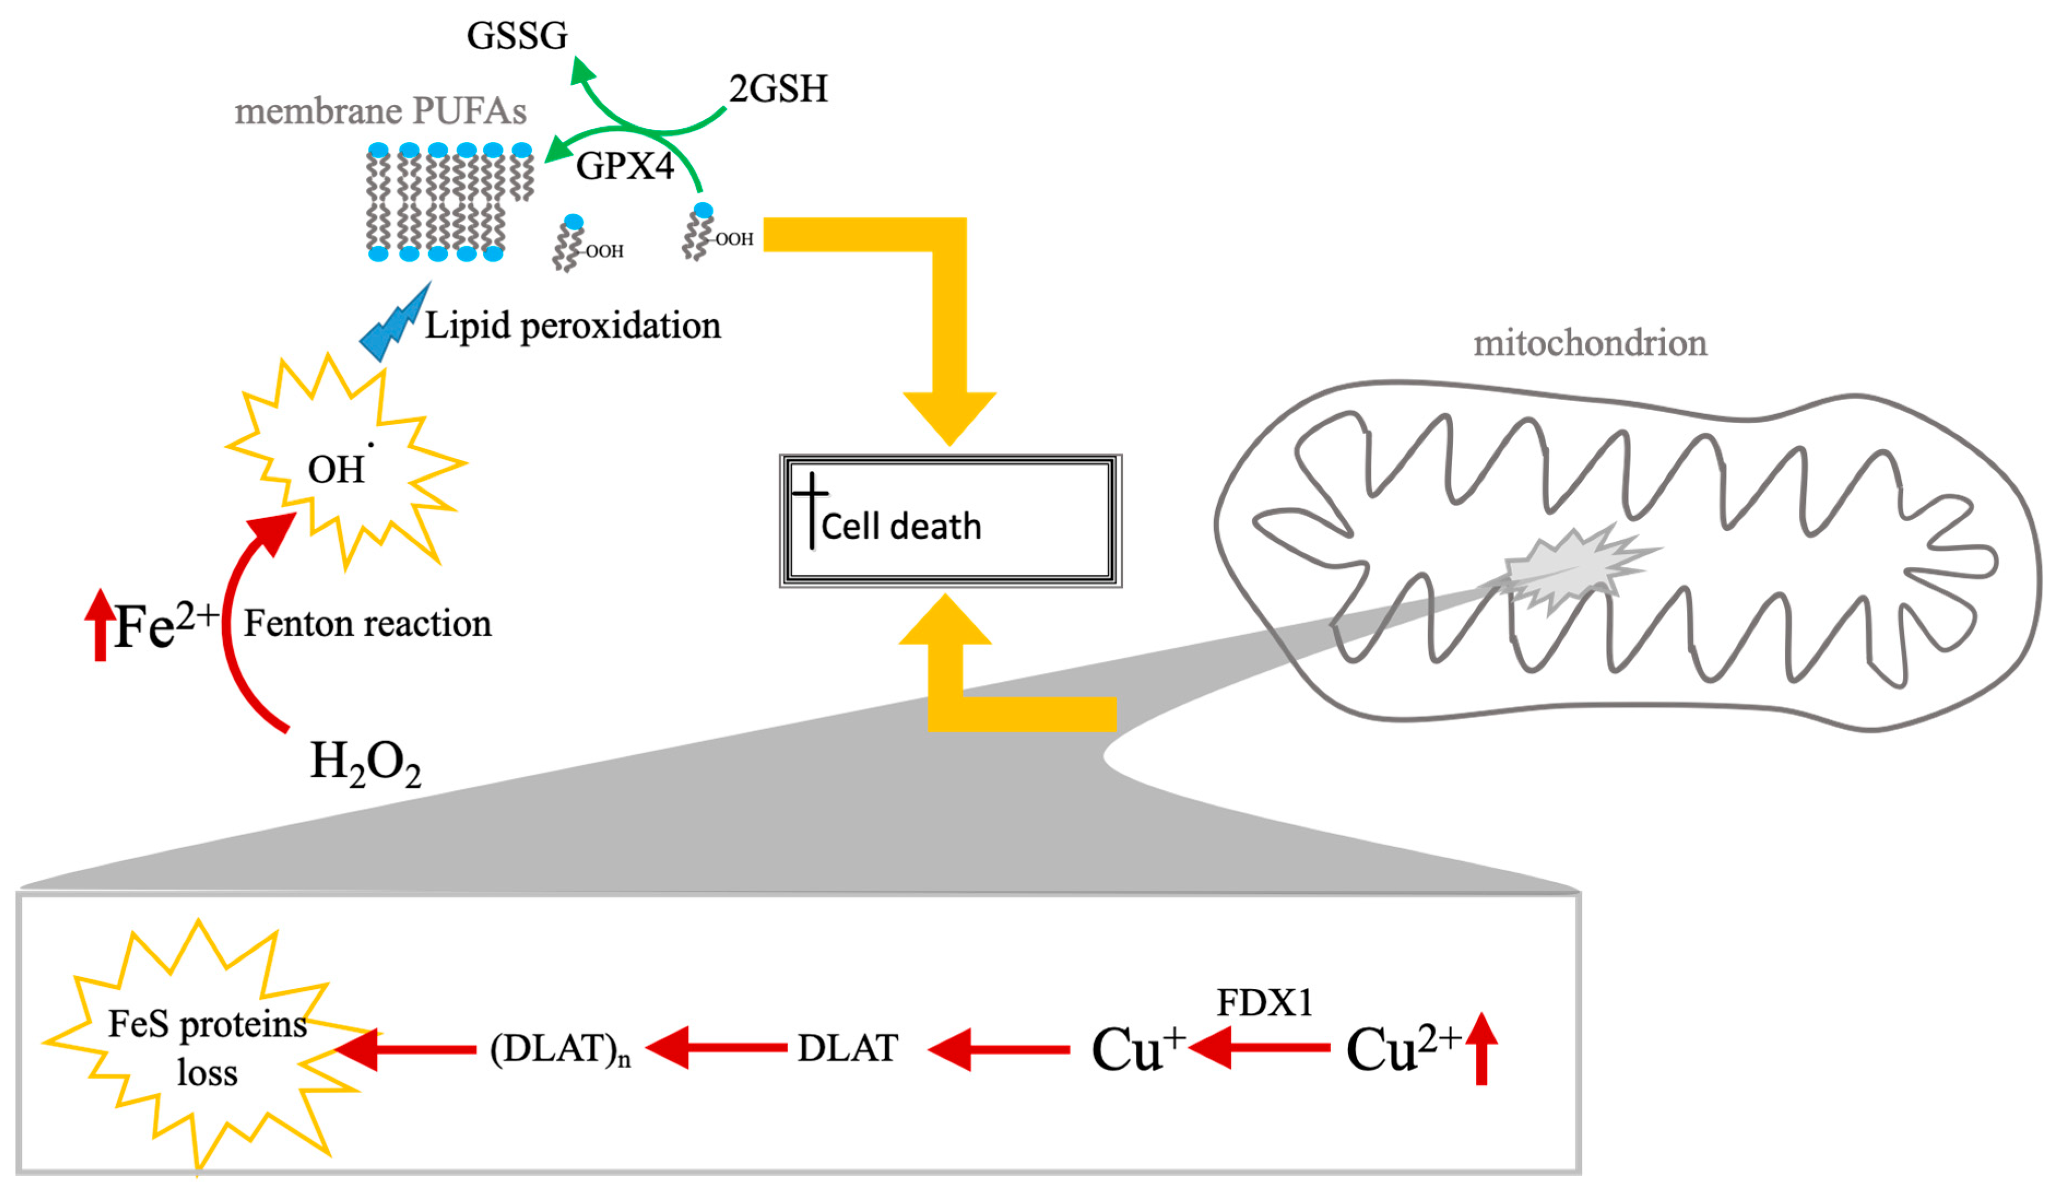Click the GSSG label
[517, 36]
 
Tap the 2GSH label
[778, 88]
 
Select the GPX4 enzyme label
[625, 166]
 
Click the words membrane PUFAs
[381, 111]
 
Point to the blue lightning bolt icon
[395, 323]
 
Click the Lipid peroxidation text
[572, 326]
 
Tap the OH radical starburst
[343, 463]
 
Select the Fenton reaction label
[367, 623]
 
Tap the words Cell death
[900, 526]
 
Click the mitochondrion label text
[1589, 343]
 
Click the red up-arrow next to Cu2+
[1481, 1048]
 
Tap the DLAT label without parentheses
[848, 1048]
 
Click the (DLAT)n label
[560, 1050]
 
